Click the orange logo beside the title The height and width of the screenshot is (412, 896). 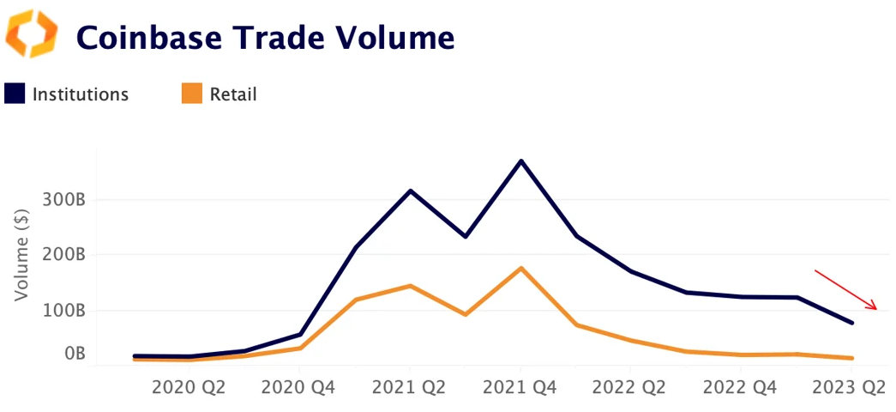click(32, 34)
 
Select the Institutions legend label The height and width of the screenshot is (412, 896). click(80, 94)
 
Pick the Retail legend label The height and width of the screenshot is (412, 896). click(233, 94)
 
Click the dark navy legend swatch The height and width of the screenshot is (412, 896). click(15, 94)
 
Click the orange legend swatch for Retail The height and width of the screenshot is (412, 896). click(192, 94)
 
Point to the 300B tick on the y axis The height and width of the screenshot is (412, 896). click(63, 200)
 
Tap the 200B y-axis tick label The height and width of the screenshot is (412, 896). click(63, 255)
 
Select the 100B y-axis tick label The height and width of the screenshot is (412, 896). click(63, 310)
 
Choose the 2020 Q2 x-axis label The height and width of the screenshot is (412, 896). click(188, 388)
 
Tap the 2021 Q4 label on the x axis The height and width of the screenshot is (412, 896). click(520, 388)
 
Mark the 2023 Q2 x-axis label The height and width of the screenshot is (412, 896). click(849, 388)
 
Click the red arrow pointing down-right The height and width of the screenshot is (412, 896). click(845, 289)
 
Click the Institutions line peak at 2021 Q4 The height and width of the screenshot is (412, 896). click(520, 161)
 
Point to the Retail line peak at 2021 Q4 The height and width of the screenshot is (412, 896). click(520, 268)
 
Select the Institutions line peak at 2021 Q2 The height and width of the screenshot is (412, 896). click(410, 191)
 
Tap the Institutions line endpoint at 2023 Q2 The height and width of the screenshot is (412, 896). click(851, 323)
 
